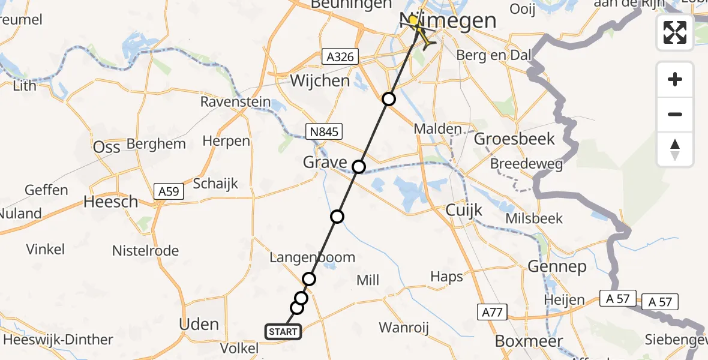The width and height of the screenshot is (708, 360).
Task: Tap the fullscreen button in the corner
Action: pyautogui.click(x=675, y=32)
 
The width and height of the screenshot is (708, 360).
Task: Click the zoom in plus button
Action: pyautogui.click(x=675, y=79)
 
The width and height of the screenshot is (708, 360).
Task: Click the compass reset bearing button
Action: pyautogui.click(x=675, y=149)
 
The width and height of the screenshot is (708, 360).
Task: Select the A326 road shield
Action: pyautogui.click(x=339, y=57)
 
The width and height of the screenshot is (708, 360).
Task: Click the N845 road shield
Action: pyautogui.click(x=323, y=131)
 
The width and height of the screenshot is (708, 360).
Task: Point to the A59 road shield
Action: pyautogui.click(x=169, y=191)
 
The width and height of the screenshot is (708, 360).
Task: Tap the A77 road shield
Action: pyautogui.click(x=493, y=311)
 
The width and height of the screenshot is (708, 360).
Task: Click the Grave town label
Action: pyautogui.click(x=325, y=162)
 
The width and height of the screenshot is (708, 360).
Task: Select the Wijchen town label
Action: pyautogui.click(x=320, y=80)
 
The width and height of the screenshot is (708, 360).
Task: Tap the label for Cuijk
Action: pyautogui.click(x=464, y=210)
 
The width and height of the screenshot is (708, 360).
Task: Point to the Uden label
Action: pyautogui.click(x=199, y=325)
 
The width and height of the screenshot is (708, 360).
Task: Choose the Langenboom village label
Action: pyautogui.click(x=312, y=257)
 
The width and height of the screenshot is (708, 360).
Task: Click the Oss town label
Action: pyautogui.click(x=107, y=147)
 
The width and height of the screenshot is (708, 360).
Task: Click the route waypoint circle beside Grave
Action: pyautogui.click(x=358, y=167)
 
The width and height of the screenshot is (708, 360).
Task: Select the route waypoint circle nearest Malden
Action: pyautogui.click(x=389, y=99)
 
